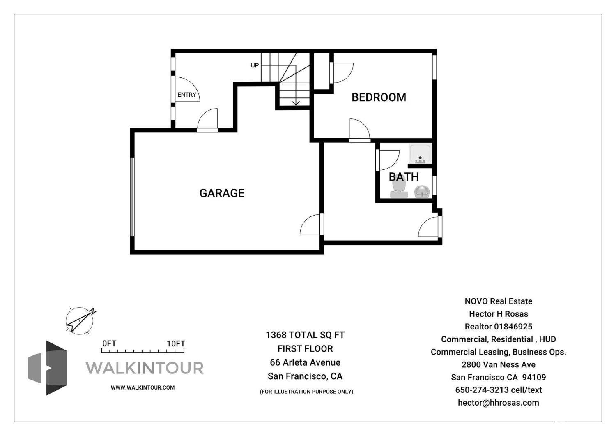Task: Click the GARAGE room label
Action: (222, 193)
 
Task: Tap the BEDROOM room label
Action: (379, 97)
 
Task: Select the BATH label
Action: (404, 176)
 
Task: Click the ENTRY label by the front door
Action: (187, 95)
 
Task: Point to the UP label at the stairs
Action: (255, 65)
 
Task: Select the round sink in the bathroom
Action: (422, 191)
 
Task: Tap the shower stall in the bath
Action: (420, 153)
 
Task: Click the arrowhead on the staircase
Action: (296, 102)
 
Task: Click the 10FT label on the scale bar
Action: (176, 343)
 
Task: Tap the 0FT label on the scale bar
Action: (109, 343)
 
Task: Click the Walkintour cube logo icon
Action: (48, 368)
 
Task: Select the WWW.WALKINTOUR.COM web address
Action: (143, 387)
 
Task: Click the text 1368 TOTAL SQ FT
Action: (305, 335)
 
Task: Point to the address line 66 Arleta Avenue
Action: (305, 362)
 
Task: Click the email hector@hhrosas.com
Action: (498, 403)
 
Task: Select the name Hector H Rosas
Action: (498, 314)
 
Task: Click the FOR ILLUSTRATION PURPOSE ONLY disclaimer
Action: (306, 392)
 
